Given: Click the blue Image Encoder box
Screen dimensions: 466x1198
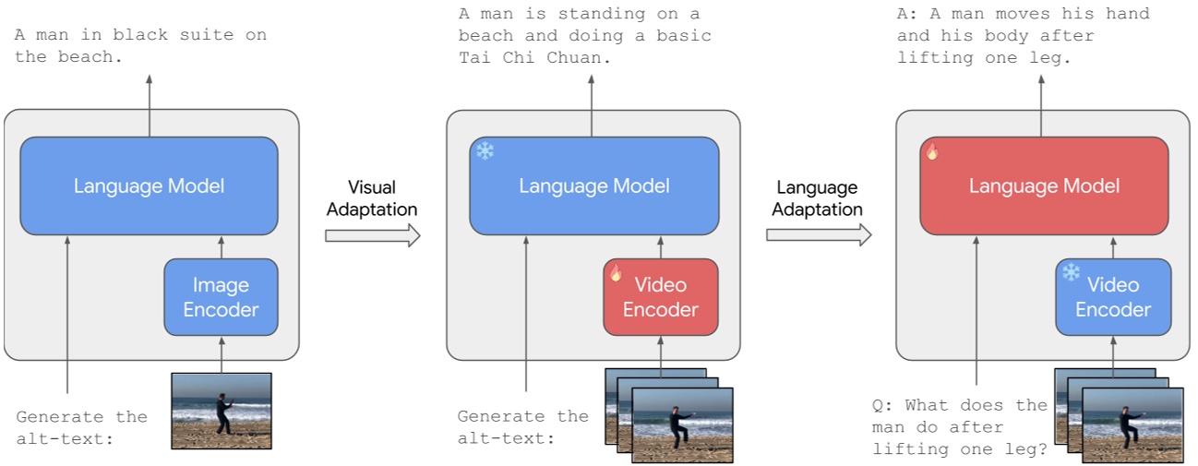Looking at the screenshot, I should (221, 297).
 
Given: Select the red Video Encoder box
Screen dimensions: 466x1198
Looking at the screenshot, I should (660, 297).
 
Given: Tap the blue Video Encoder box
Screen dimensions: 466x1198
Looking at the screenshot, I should (1112, 297).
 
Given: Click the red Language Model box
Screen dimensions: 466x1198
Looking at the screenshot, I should (1043, 185).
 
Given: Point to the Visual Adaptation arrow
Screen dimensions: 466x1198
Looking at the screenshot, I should (372, 236).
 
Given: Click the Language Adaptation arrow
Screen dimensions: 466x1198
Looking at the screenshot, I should (818, 236).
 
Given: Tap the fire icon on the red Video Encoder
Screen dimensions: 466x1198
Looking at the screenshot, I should (617, 272).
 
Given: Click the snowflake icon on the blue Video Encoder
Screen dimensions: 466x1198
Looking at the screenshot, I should (1071, 272).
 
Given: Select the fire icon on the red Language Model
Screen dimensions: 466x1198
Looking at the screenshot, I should (932, 152).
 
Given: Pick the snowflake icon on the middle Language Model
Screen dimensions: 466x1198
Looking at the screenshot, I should (485, 150).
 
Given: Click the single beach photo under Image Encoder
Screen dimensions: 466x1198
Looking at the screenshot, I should (222, 411).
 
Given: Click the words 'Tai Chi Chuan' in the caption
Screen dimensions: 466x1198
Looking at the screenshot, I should (535, 57).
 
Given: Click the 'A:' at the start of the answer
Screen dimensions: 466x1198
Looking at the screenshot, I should (907, 14).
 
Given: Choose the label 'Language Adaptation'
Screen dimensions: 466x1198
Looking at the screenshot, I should (817, 198).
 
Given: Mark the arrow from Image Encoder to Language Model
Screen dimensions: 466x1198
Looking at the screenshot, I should (221, 246).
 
